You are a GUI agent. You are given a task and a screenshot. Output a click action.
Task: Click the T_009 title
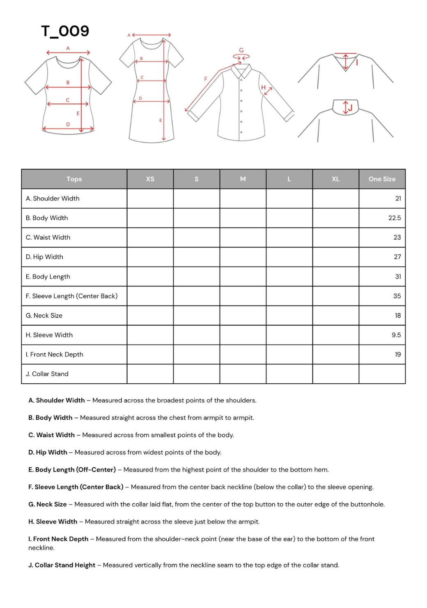click(65, 31)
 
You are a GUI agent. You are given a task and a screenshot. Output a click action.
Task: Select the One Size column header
click(382, 179)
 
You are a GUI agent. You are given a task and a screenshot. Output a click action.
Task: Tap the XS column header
click(150, 179)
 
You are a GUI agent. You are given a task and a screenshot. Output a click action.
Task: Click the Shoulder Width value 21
click(398, 198)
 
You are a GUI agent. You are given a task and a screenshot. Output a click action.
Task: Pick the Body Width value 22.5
click(395, 218)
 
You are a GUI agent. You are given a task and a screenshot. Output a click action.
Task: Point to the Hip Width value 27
click(397, 257)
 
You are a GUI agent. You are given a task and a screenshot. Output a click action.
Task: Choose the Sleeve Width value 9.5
click(396, 335)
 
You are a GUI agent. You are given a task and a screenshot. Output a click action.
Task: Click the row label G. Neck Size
click(44, 316)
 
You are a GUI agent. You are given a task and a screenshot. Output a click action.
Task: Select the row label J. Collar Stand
click(47, 374)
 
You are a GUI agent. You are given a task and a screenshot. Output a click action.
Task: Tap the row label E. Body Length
click(48, 276)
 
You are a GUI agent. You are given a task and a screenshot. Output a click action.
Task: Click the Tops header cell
click(74, 179)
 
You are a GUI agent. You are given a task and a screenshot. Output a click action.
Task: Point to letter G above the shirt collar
click(241, 51)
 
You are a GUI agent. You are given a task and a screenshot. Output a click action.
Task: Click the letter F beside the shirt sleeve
click(206, 79)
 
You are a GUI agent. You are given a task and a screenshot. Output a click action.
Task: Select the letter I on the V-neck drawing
click(357, 62)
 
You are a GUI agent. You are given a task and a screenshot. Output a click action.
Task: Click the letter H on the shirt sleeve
click(264, 88)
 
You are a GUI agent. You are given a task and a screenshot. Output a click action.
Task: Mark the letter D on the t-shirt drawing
click(68, 124)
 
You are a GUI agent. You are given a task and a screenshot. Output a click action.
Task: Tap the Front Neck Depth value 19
click(397, 355)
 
